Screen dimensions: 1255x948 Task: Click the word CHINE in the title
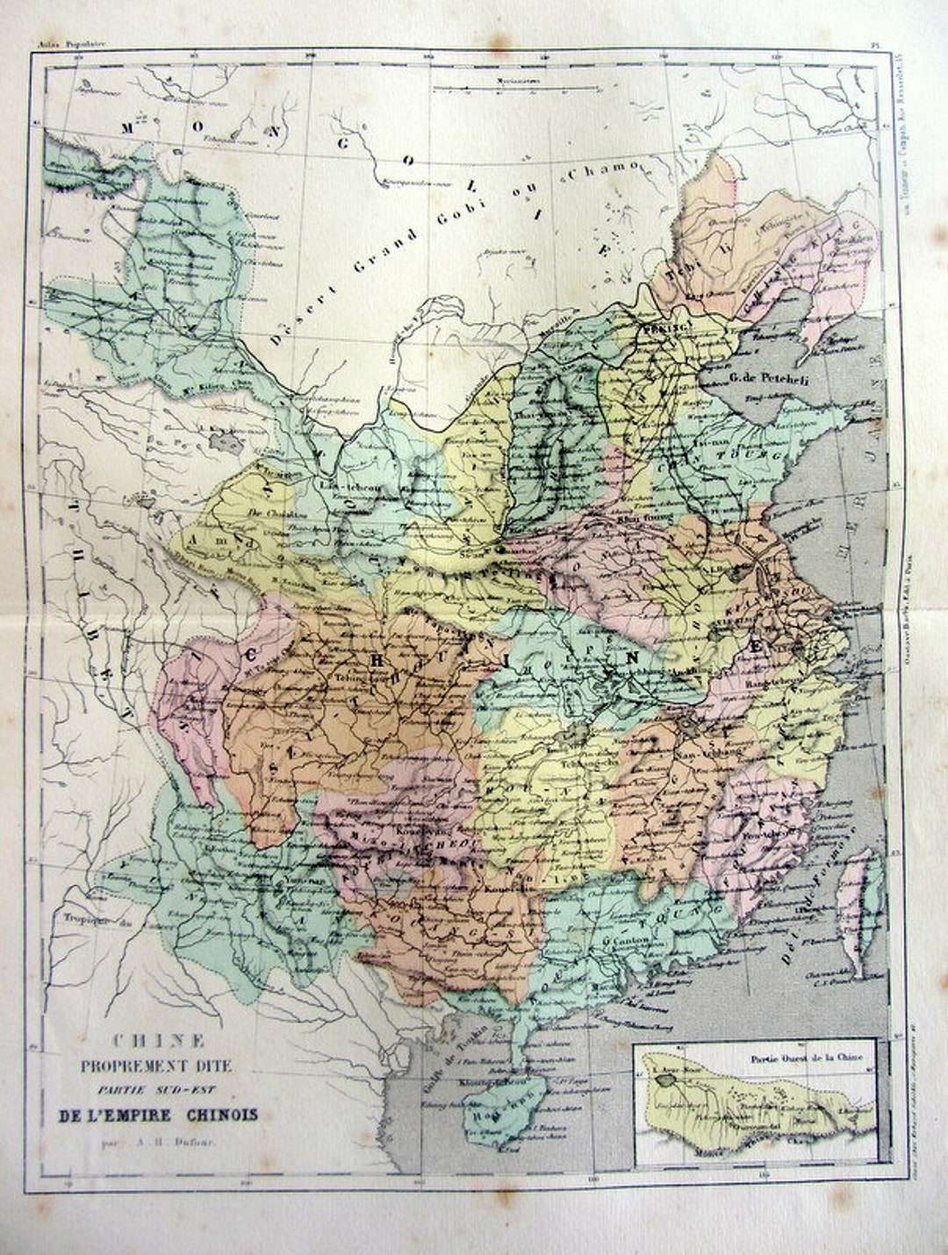tap(159, 1042)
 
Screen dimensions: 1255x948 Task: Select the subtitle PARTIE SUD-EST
tap(159, 1091)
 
